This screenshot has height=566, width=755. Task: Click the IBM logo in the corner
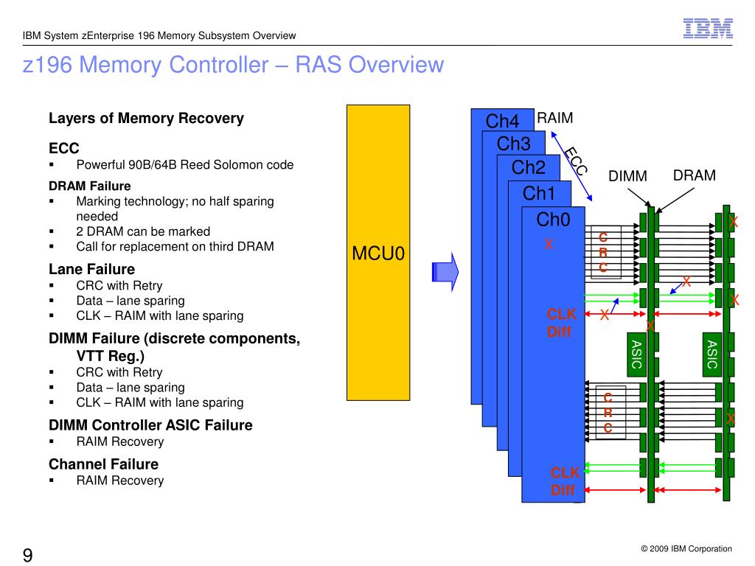click(x=707, y=28)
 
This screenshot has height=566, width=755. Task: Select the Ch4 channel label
click(x=503, y=121)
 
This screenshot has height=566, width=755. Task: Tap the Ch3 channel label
click(x=514, y=144)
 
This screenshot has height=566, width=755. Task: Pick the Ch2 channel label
click(x=529, y=168)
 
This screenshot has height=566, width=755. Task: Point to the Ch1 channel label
click(x=538, y=194)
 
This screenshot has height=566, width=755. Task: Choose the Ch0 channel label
click(x=553, y=220)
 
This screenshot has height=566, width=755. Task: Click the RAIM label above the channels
click(x=555, y=119)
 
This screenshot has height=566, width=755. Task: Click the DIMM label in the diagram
click(x=627, y=176)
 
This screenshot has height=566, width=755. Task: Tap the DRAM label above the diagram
click(x=694, y=175)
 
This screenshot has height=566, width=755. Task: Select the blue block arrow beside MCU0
click(x=444, y=271)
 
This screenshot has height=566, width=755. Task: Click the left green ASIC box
click(x=636, y=354)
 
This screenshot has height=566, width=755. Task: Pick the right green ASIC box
click(x=712, y=354)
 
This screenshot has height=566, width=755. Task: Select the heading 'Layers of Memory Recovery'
click(x=146, y=119)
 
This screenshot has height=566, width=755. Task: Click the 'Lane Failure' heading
click(x=91, y=269)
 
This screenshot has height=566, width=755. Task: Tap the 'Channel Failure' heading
click(x=103, y=464)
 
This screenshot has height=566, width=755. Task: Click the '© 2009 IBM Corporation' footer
click(x=686, y=549)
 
